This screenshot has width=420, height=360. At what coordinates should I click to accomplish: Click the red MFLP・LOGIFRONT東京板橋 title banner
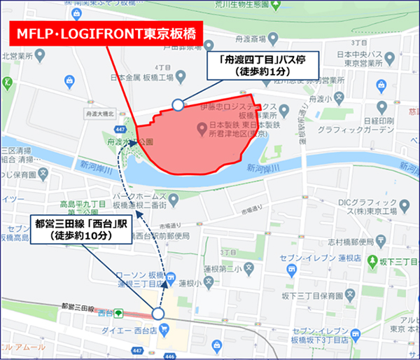coord(105,33)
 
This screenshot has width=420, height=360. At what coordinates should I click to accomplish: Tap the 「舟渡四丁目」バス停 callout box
coord(260,64)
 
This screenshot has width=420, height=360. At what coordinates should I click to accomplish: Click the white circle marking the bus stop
coord(178,105)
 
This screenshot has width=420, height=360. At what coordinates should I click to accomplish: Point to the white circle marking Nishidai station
coord(157,314)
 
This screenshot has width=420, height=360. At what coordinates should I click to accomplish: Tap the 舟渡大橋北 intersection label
coord(98,112)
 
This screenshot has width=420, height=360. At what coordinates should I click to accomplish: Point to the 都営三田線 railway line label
coord(77,307)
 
